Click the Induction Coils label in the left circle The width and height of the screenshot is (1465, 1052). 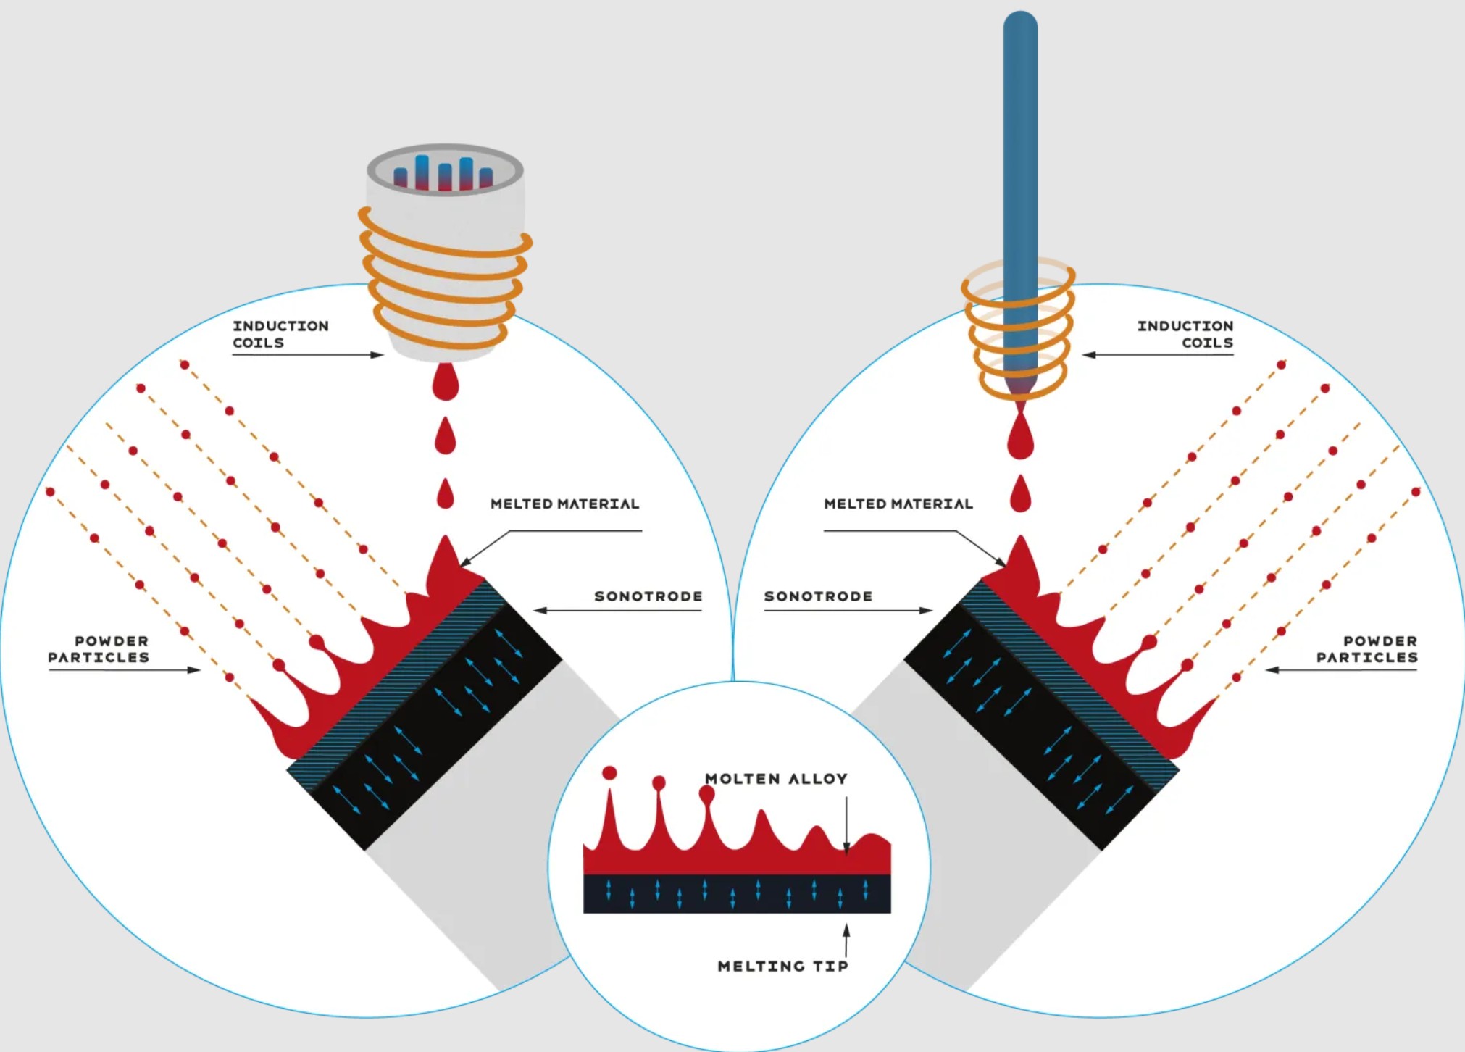click(x=280, y=334)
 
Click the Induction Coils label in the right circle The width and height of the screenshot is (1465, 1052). click(x=1185, y=334)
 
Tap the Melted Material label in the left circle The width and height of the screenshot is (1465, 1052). click(x=564, y=504)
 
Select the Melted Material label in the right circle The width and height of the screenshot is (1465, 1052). click(x=898, y=504)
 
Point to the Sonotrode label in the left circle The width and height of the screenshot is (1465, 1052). click(x=648, y=596)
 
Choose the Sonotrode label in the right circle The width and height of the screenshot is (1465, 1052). click(x=818, y=596)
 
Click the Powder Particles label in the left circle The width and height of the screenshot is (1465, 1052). click(x=99, y=649)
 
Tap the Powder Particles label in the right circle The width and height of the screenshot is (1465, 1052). click(x=1366, y=649)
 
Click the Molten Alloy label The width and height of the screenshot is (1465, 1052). click(x=776, y=779)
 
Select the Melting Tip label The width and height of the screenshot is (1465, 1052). click(x=782, y=966)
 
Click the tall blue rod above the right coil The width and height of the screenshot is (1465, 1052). click(x=1020, y=145)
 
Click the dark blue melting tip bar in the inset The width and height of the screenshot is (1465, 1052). click(x=737, y=894)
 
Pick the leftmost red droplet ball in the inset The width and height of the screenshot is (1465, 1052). click(x=609, y=773)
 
